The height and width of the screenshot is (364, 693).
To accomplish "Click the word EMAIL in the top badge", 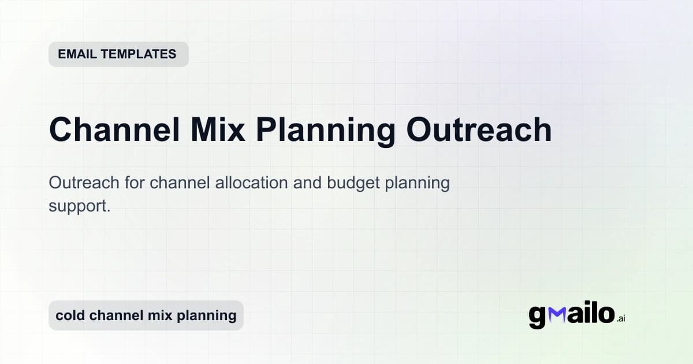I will coord(77,54).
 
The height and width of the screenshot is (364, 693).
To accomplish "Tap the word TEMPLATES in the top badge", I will coord(138,54).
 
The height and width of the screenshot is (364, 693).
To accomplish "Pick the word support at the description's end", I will coord(79,206).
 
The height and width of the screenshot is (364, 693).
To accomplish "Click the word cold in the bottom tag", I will coord(70,315).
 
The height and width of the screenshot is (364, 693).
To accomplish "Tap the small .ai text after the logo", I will coord(621,319).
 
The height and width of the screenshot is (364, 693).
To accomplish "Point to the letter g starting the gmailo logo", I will coord(537,317).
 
